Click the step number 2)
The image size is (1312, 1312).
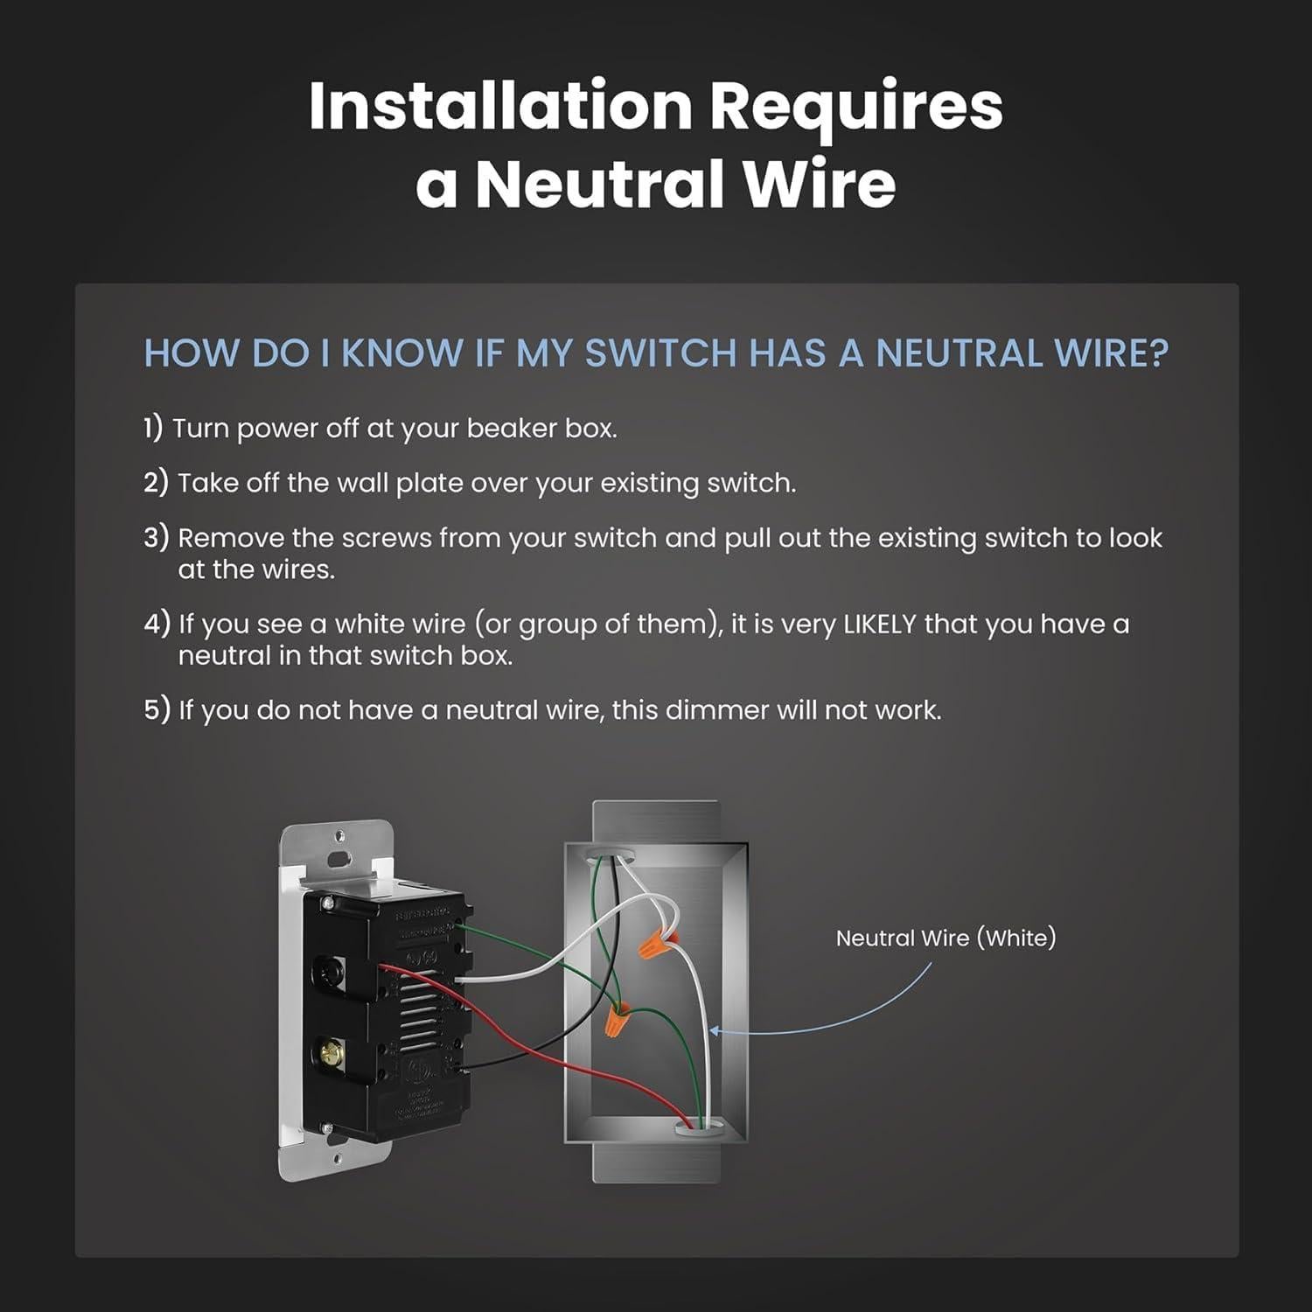pos(156,483)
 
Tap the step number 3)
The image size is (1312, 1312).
pos(156,537)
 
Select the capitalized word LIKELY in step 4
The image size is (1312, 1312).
pos(879,625)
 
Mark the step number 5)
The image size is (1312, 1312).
pos(156,710)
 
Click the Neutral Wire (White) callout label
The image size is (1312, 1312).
pos(946,939)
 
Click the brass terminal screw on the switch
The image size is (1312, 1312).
pos(331,1048)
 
